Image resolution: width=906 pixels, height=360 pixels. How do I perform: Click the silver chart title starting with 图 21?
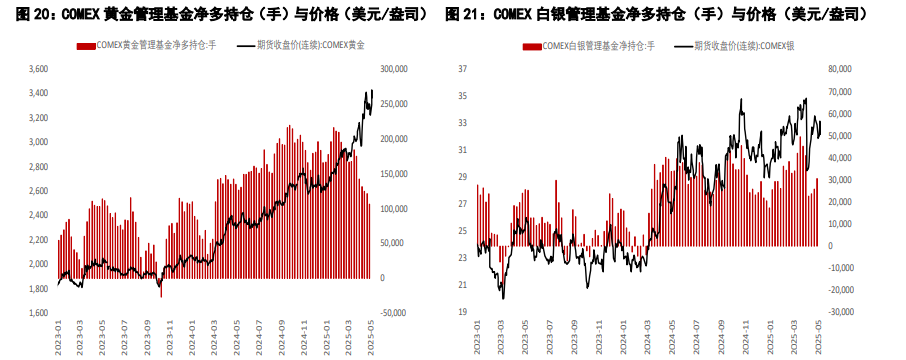click(656, 14)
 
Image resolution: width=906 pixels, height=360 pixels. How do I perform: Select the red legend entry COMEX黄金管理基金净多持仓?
click(147, 46)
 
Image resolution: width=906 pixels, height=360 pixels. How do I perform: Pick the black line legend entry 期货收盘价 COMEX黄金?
click(301, 46)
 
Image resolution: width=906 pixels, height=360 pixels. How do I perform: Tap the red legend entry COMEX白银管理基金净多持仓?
click(589, 46)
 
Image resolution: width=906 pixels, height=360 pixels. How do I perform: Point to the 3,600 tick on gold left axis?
click(38, 69)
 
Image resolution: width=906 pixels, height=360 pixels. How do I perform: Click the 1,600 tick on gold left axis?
click(38, 313)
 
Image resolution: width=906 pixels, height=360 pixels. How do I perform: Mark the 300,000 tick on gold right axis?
click(394, 69)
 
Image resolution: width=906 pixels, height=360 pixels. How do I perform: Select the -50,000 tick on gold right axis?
click(394, 313)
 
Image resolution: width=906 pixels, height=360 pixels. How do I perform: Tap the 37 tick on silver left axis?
click(462, 69)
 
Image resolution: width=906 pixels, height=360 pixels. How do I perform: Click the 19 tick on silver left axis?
click(462, 312)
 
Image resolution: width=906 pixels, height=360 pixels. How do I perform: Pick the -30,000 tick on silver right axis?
click(838, 312)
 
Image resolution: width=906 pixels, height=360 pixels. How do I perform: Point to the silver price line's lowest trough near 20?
click(503, 298)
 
